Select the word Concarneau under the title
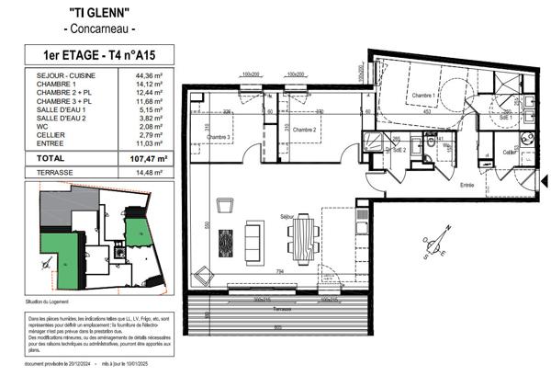click(x=99, y=29)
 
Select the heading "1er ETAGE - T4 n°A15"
click(x=99, y=55)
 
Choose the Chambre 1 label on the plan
click(x=422, y=96)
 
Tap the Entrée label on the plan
click(x=467, y=185)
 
